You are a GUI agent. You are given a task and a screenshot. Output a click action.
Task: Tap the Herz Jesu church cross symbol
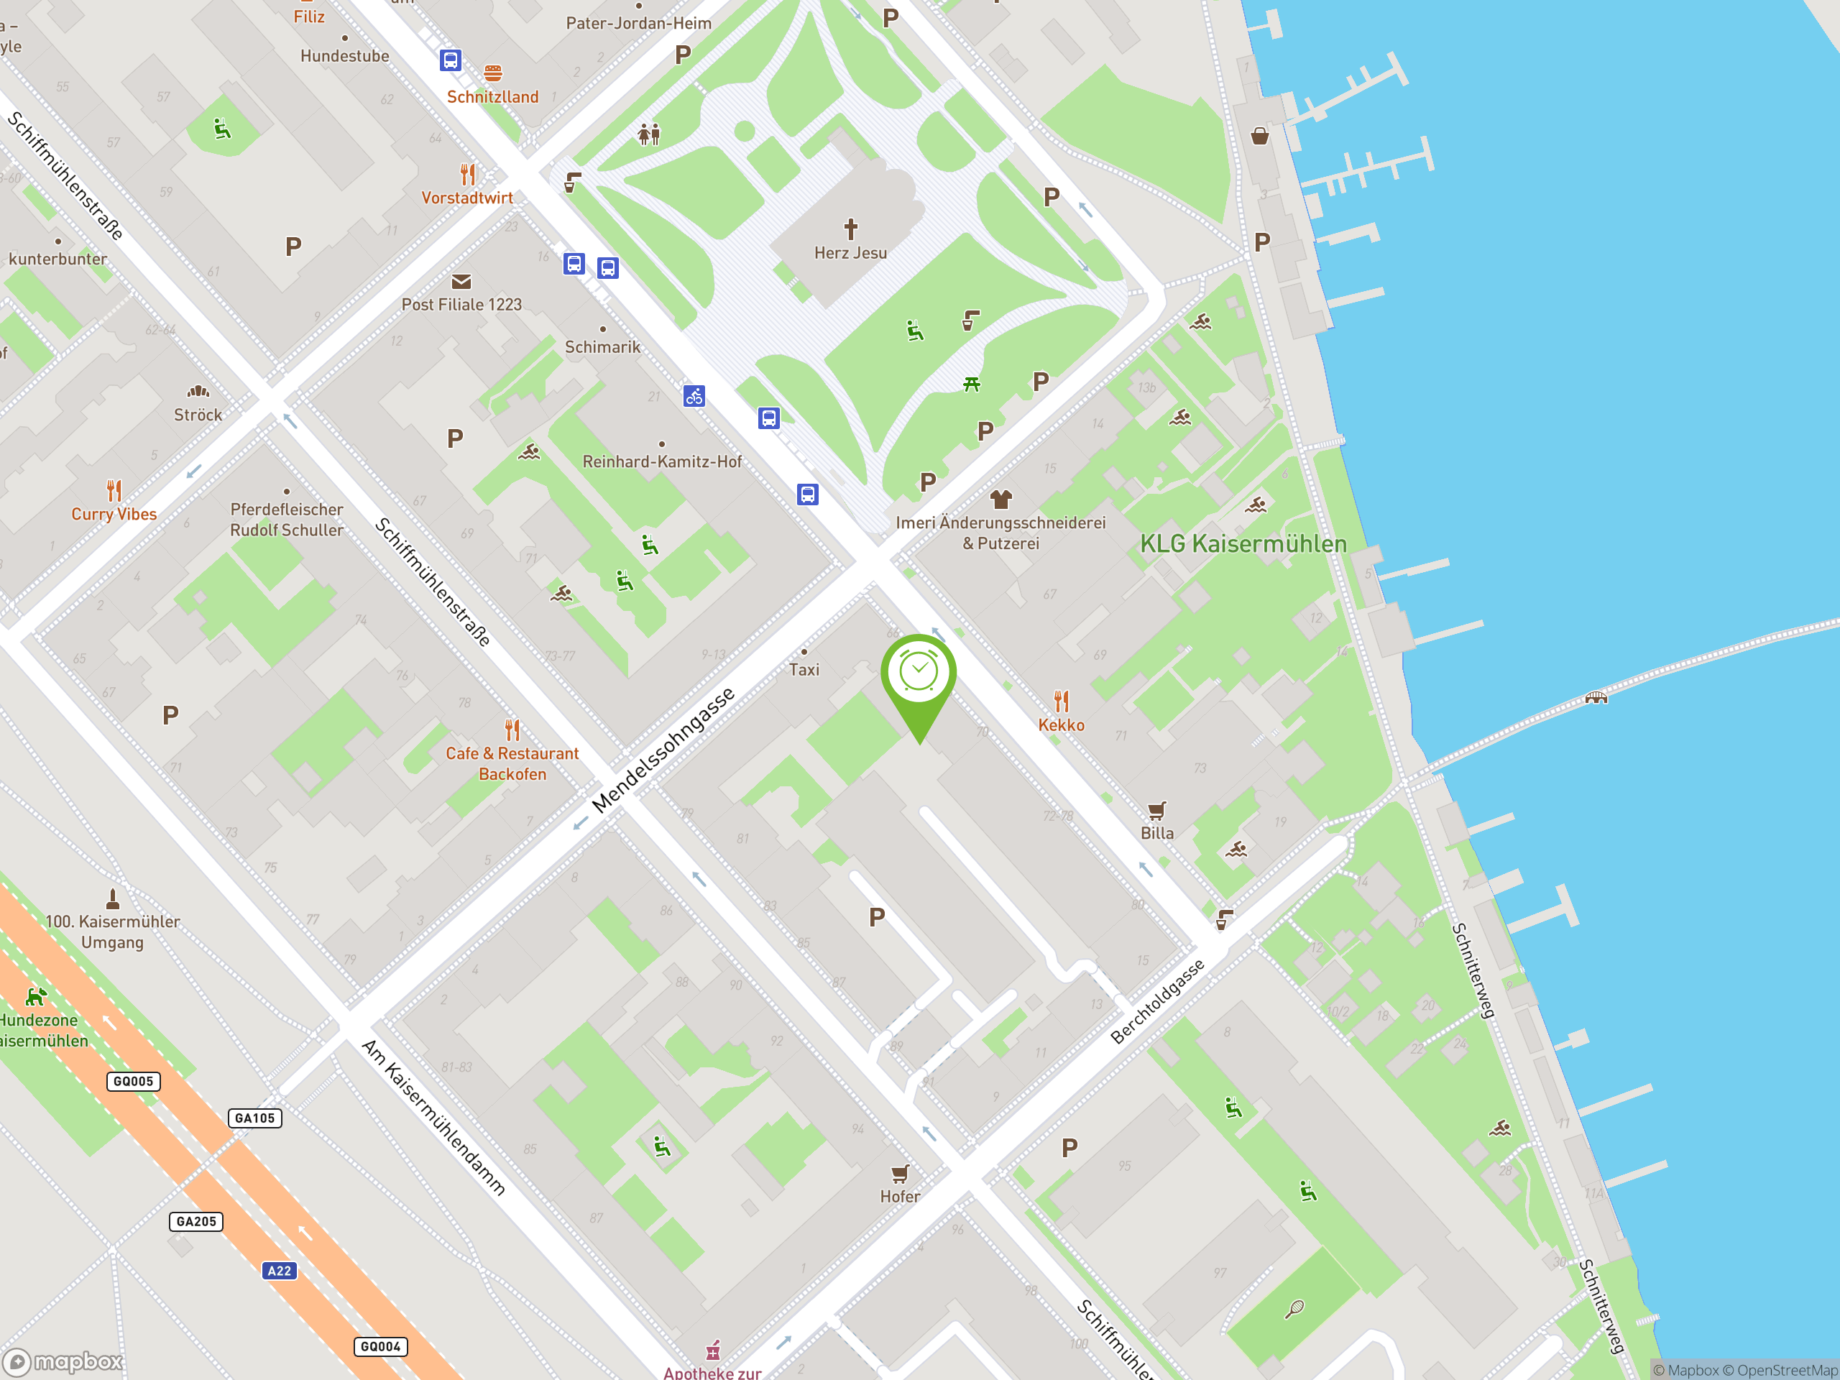[850, 229]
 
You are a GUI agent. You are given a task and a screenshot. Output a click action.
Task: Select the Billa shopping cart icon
[1156, 810]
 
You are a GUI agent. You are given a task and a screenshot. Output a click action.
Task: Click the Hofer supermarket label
[900, 1196]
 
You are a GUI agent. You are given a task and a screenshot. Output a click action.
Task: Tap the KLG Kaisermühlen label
[1243, 544]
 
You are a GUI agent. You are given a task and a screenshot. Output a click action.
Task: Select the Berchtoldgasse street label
[1157, 1001]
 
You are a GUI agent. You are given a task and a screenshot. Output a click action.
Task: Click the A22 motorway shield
[280, 1270]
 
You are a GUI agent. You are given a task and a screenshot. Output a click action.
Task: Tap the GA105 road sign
[254, 1118]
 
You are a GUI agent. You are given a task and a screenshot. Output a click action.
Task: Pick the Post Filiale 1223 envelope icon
[461, 282]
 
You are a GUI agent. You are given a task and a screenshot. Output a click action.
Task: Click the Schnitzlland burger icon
[492, 73]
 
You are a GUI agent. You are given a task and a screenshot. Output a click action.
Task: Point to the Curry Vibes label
[114, 514]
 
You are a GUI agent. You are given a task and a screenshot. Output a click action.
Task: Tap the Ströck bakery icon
[198, 391]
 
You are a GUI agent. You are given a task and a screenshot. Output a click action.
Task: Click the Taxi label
[804, 670]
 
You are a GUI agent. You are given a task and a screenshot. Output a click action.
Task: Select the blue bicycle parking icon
[694, 396]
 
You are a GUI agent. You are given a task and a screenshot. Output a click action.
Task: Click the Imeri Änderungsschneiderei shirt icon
[1000, 499]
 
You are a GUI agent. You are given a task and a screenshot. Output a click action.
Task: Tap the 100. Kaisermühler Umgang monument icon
[113, 899]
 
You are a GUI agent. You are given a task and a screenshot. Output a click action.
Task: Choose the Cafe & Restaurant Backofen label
[512, 763]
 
